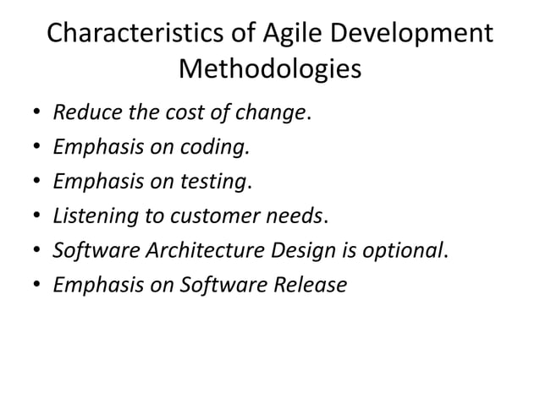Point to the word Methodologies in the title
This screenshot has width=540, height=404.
pyautogui.click(x=270, y=69)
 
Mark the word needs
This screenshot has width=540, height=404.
pyautogui.click(x=298, y=216)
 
